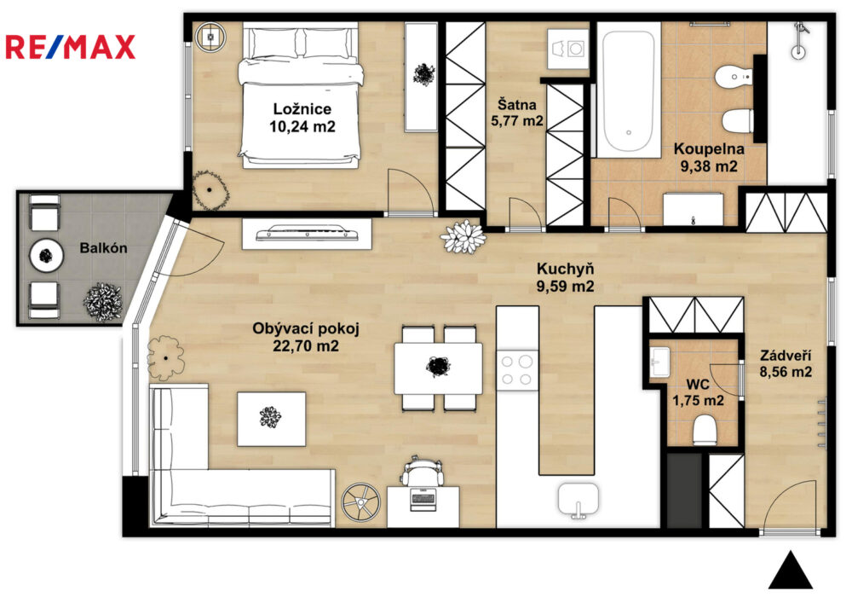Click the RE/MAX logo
(x=70, y=47)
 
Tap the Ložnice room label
(x=302, y=109)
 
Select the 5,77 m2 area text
(x=517, y=121)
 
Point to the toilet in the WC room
(x=705, y=430)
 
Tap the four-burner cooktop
(x=517, y=370)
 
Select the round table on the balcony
(x=47, y=254)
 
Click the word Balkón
(x=103, y=248)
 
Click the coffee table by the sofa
(x=271, y=419)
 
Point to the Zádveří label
(x=786, y=356)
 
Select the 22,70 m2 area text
(x=305, y=345)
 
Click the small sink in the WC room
(x=660, y=362)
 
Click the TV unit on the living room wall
(x=307, y=234)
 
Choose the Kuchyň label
(x=565, y=269)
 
